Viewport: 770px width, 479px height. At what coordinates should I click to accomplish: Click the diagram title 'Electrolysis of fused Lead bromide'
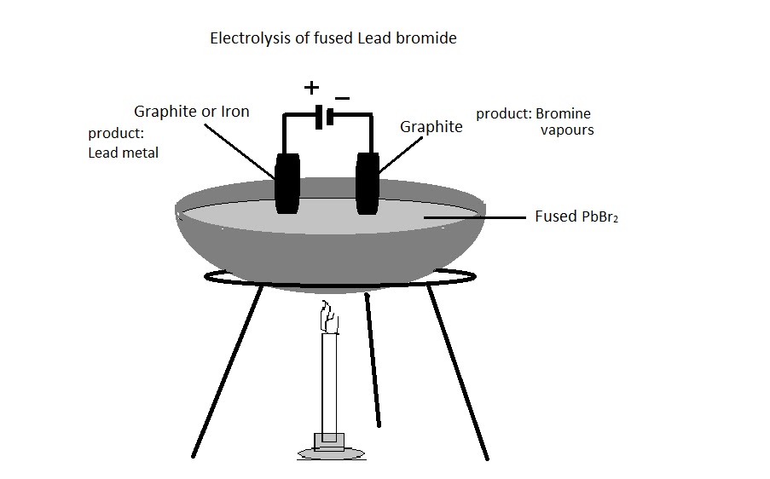click(333, 39)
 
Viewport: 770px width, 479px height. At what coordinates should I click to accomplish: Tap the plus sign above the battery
click(312, 87)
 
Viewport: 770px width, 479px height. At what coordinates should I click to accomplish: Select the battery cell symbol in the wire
click(322, 118)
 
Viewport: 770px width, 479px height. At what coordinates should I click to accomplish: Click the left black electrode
click(287, 182)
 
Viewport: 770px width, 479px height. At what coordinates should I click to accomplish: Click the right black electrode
click(368, 182)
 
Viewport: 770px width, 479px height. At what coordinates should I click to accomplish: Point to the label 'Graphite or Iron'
click(192, 112)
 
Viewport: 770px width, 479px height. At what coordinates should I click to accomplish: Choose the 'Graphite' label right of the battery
click(431, 127)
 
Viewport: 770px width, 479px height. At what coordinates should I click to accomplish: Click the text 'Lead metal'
click(123, 153)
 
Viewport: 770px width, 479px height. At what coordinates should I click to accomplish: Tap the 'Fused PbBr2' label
click(576, 216)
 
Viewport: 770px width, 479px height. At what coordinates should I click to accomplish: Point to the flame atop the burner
click(328, 319)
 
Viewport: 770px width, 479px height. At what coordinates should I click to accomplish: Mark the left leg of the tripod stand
click(227, 371)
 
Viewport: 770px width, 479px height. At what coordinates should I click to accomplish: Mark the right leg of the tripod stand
click(458, 371)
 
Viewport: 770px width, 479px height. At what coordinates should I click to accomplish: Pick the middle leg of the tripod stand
click(373, 358)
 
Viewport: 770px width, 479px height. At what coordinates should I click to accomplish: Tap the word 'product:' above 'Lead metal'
click(117, 134)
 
